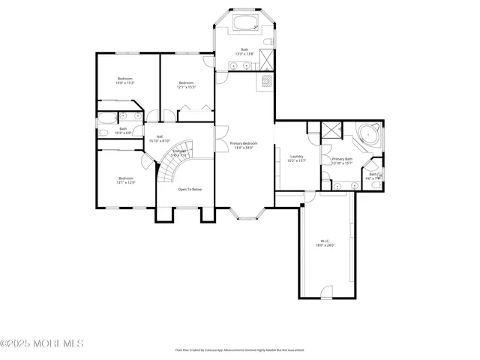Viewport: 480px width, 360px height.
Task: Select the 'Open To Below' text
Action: pos(190,189)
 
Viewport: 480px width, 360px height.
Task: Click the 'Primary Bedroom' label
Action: pos(244,143)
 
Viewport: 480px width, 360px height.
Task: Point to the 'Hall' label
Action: pos(160,136)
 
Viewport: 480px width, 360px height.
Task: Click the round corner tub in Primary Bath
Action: pos(367,136)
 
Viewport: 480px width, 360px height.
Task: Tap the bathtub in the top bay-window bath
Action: pos(244,23)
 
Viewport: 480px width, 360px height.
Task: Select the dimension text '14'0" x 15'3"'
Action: pos(125,82)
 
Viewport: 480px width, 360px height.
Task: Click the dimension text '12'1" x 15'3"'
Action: pos(187,87)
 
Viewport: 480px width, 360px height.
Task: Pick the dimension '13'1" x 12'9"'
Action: pos(125,182)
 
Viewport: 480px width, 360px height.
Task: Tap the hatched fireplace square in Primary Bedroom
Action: pos(265,81)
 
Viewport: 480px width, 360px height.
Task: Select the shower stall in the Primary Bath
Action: pos(330,130)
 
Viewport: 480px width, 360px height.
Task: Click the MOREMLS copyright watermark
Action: pos(42,343)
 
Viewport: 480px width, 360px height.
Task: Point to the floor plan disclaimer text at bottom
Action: pos(240,349)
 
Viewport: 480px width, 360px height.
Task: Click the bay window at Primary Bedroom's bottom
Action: pos(244,214)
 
